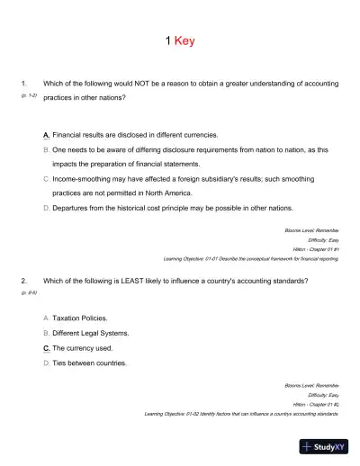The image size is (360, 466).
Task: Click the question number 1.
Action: coord(22,84)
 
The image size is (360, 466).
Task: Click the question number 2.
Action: coord(22,281)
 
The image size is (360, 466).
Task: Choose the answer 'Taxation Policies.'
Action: coord(80,318)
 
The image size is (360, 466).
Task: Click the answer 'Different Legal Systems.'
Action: coord(90,333)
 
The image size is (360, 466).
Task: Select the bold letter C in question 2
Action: coord(46,347)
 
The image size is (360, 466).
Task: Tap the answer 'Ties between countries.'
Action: coord(89,363)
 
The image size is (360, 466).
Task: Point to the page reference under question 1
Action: coord(28,94)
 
